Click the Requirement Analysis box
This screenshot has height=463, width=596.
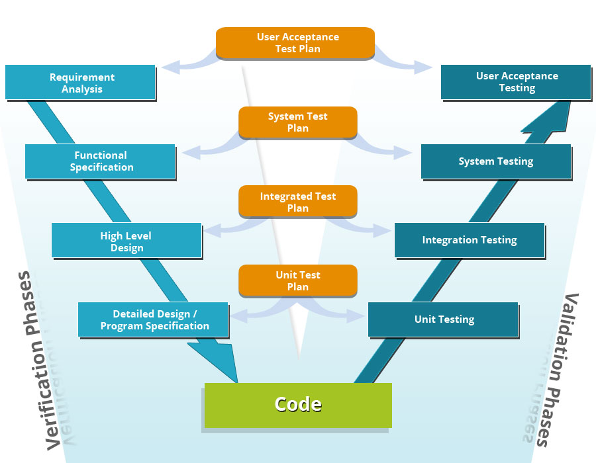pos(80,83)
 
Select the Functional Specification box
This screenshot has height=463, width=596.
pos(100,161)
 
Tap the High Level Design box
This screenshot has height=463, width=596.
pos(126,241)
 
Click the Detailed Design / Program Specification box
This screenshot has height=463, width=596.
pos(153,319)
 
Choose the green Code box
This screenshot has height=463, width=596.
pos(298,405)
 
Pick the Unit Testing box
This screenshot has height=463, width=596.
pos(443,319)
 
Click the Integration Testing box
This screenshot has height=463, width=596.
pos(470,240)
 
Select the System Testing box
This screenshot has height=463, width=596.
pos(496,161)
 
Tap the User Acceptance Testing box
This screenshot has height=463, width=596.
pos(516,82)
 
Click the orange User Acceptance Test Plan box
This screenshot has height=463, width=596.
pos(296,43)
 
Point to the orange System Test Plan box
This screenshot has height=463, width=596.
pos(297,122)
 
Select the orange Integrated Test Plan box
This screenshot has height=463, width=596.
pos(297,202)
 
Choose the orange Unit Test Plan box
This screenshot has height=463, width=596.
pos(297,281)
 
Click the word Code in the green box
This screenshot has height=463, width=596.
pos(298,405)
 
